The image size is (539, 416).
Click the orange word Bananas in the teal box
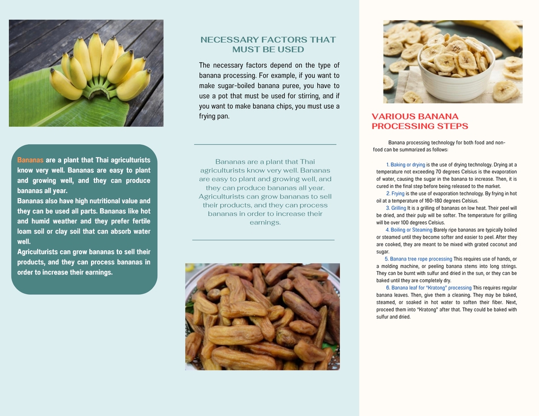tap(30, 160)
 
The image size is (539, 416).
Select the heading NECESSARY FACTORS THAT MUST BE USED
tap(268, 44)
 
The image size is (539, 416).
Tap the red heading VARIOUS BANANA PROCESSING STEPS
tap(419, 121)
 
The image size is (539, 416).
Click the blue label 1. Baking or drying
tap(405, 165)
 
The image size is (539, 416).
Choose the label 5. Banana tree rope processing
tap(418, 259)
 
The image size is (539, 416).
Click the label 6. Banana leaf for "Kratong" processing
tap(428, 288)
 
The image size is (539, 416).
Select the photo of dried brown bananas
tap(262, 317)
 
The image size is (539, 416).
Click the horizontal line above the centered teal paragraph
tap(264, 145)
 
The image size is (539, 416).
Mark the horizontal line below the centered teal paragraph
tap(263, 240)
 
